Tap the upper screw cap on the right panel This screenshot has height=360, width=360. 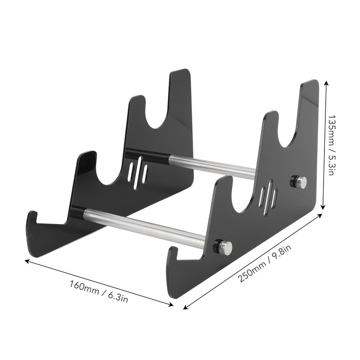coord(300,182)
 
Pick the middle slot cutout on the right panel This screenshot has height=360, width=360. coord(268,198)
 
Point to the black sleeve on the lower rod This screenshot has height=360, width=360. coord(77,211)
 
